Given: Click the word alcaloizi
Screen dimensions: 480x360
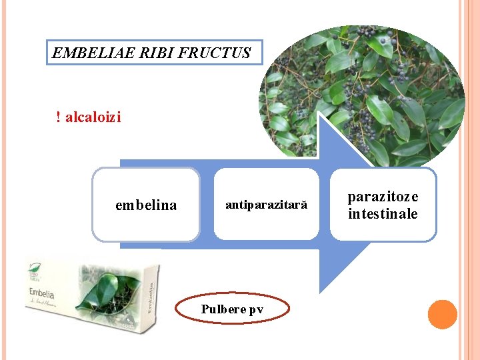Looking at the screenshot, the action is (x=93, y=118).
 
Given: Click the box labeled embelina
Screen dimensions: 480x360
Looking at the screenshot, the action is (x=146, y=205).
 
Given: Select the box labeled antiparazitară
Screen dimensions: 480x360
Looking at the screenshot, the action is (x=266, y=205).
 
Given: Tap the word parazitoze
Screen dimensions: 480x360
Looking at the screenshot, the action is (x=383, y=197).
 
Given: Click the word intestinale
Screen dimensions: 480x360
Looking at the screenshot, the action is (x=383, y=214).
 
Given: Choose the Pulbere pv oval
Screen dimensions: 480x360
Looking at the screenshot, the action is (x=232, y=309).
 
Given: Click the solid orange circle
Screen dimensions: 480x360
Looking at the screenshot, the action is (x=442, y=315).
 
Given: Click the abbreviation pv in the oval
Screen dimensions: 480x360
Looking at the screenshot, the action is (x=256, y=309).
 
